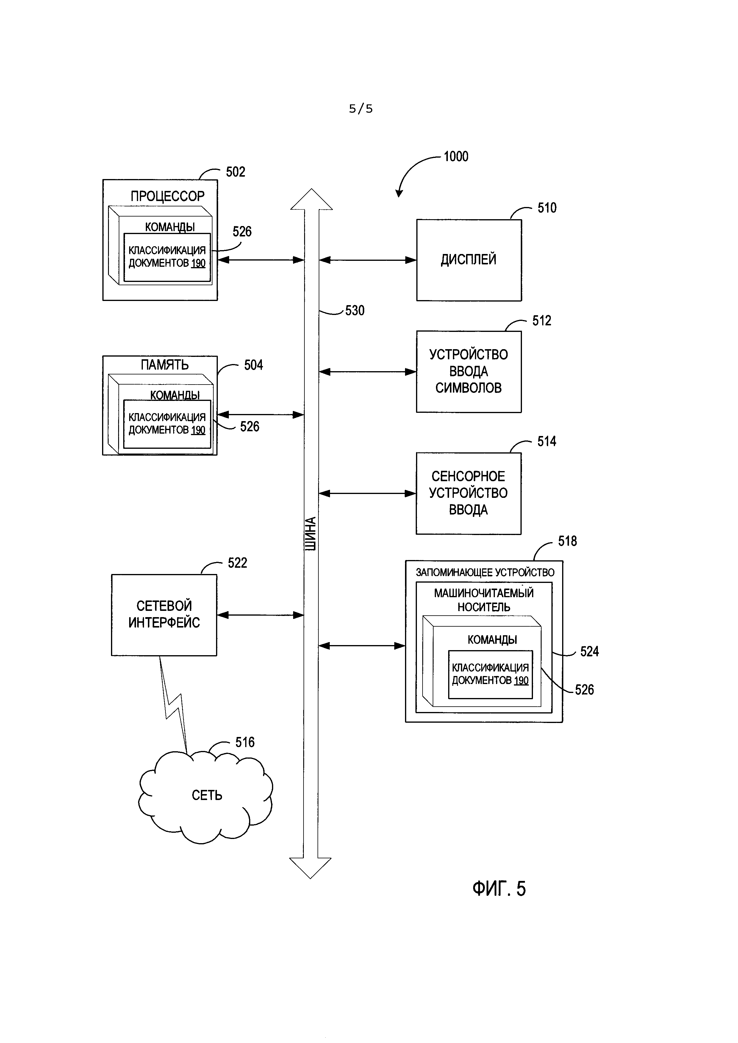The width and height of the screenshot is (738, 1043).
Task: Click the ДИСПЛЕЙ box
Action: (468, 260)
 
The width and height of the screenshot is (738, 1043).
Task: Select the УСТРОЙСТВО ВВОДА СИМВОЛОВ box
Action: (468, 371)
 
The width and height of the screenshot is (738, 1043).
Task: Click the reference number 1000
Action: (456, 157)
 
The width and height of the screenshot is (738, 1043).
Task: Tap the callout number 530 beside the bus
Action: (354, 311)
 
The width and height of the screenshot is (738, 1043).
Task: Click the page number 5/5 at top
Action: (361, 109)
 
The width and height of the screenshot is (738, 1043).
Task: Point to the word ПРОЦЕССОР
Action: (167, 196)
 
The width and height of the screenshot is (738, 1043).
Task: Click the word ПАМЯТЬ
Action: (164, 365)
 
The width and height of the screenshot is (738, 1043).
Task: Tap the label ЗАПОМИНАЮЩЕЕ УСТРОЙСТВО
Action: (485, 573)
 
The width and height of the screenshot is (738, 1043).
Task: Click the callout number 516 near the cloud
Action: (245, 742)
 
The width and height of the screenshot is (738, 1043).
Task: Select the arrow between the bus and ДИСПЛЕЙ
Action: (367, 260)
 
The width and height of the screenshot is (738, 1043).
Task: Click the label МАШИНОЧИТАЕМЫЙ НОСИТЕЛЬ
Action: (484, 600)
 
